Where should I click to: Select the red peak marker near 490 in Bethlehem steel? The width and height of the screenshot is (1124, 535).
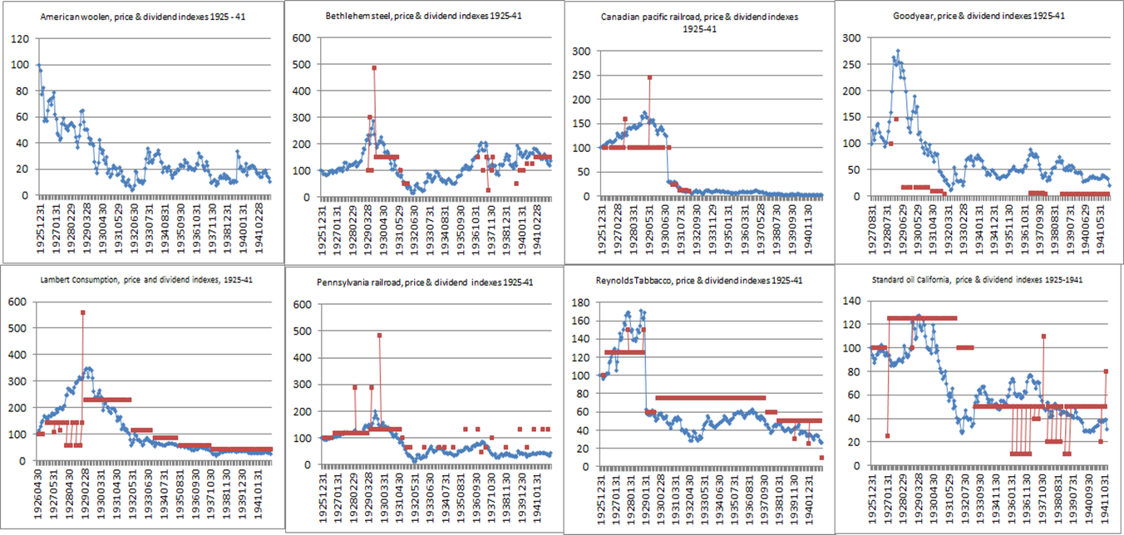pyautogui.click(x=374, y=67)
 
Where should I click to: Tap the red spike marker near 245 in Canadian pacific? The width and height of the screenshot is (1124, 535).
pyautogui.click(x=649, y=78)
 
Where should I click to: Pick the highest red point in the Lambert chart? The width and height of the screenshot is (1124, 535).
pyautogui.click(x=82, y=312)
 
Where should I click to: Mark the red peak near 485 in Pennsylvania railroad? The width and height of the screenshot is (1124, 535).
pyautogui.click(x=379, y=335)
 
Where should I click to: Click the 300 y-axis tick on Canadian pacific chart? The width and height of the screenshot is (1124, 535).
pyautogui.click(x=584, y=52)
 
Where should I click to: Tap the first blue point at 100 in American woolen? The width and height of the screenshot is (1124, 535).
pyautogui.click(x=38, y=65)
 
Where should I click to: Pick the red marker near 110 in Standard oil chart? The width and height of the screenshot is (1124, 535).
pyautogui.click(x=1043, y=336)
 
